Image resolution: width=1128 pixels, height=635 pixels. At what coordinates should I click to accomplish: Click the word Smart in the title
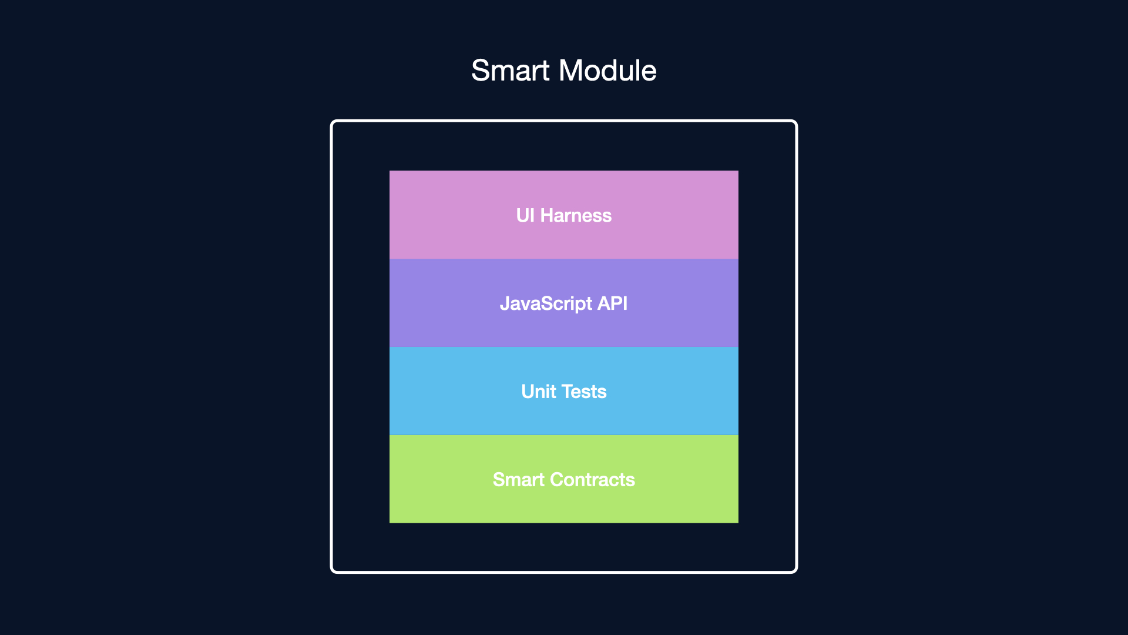[510, 71]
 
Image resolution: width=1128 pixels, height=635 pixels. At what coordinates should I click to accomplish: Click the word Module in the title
[607, 71]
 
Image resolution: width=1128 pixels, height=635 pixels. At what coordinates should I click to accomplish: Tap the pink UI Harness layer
[564, 215]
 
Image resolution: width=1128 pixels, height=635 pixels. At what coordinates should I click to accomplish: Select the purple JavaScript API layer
[564, 303]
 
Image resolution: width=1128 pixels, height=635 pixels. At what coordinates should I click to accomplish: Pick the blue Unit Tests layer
[564, 391]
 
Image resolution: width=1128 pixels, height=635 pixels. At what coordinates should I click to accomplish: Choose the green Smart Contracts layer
[564, 479]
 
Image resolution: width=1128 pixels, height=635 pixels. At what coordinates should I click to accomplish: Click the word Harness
[576, 216]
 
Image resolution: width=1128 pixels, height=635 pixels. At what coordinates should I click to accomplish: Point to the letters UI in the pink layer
[525, 216]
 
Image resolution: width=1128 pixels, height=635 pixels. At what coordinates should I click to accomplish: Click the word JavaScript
[546, 304]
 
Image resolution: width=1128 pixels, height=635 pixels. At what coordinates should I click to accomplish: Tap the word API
[612, 303]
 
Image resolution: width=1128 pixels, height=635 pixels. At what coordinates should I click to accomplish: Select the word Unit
[539, 392]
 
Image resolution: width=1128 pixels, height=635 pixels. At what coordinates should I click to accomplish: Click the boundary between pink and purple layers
[564, 259]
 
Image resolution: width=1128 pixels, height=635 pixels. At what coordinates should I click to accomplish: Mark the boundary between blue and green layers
[564, 435]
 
